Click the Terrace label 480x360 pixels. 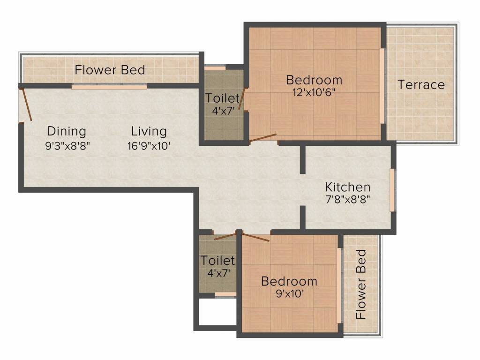click(x=421, y=85)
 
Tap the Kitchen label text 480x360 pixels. click(x=347, y=187)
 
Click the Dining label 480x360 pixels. click(x=67, y=131)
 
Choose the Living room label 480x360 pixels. click(x=149, y=131)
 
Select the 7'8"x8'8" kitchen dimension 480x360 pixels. click(x=347, y=199)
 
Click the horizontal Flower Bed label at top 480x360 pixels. click(x=110, y=70)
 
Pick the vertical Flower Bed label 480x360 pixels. click(x=361, y=285)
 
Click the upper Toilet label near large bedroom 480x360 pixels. click(x=222, y=99)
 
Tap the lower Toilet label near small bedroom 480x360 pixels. click(x=217, y=260)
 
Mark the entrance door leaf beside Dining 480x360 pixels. click(x=28, y=105)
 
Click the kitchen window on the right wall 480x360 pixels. click(x=392, y=190)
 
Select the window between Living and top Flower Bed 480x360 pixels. click(x=109, y=87)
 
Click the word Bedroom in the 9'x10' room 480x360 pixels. click(x=289, y=281)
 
